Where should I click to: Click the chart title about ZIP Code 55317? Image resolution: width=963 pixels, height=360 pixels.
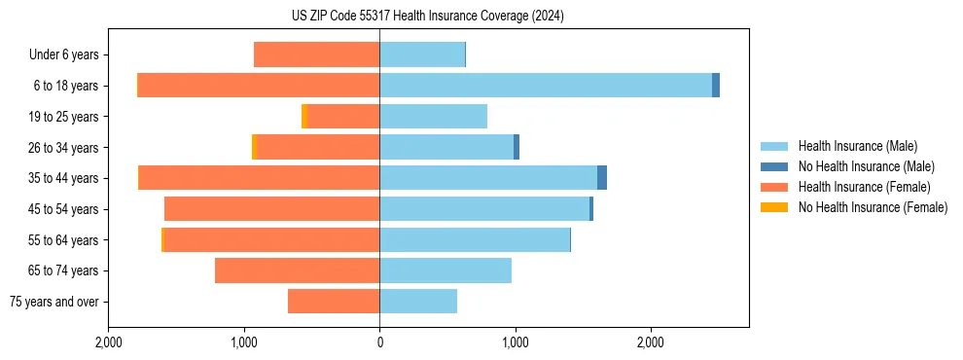tap(481, 17)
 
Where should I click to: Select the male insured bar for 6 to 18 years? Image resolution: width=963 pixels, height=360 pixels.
tap(545, 86)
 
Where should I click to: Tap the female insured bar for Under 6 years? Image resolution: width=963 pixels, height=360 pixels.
tap(316, 54)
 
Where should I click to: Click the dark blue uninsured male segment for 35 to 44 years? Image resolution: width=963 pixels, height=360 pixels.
tap(602, 178)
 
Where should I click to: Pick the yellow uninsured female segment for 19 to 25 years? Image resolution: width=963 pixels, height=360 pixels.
tap(304, 117)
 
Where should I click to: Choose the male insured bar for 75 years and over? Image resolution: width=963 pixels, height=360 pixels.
tap(418, 302)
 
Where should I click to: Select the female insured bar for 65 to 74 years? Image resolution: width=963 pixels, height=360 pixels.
tap(297, 270)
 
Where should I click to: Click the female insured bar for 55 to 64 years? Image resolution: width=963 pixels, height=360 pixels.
tap(271, 240)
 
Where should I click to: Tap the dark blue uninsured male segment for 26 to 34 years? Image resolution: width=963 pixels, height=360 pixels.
tap(517, 147)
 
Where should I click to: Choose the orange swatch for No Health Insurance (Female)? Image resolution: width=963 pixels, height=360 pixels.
tap(774, 207)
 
